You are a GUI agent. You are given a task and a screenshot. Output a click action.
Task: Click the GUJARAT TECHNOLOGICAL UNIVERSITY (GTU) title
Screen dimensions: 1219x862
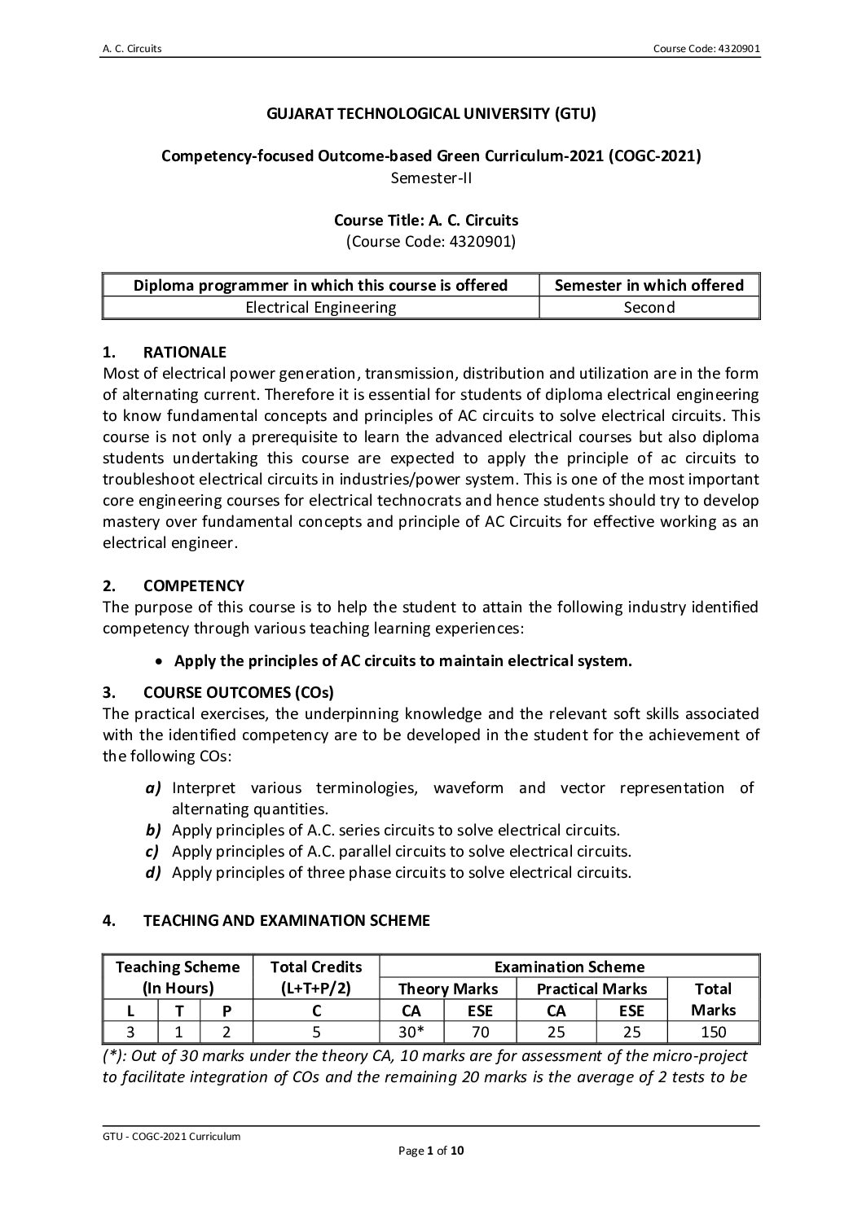tap(431, 114)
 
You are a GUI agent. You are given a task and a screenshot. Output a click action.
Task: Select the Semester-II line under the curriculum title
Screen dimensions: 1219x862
tap(431, 177)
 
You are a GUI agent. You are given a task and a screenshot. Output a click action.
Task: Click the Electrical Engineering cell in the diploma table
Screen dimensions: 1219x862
tap(320, 307)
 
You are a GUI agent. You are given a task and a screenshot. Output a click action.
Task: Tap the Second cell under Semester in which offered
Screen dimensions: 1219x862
tap(649, 307)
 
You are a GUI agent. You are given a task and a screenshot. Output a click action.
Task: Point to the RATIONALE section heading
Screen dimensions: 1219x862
tap(184, 353)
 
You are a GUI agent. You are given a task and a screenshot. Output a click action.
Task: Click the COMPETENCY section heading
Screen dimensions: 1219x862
tap(193, 585)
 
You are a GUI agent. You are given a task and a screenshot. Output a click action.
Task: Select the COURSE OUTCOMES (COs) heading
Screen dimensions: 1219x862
tap(238, 693)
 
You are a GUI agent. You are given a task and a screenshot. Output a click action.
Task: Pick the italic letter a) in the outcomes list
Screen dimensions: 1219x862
tap(153, 787)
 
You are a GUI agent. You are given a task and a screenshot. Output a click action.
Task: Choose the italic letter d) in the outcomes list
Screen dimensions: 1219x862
tap(153, 872)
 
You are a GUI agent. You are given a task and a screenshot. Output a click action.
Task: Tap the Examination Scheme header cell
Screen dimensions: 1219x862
tap(569, 967)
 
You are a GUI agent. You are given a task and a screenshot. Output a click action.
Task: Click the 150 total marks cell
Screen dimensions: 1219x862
tap(712, 1032)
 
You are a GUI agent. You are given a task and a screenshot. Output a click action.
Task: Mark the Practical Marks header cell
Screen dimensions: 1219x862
tap(592, 989)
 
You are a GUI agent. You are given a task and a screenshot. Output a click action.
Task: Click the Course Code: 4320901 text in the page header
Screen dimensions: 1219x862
tap(706, 49)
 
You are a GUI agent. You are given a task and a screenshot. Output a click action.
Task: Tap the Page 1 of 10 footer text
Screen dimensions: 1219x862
tap(431, 1151)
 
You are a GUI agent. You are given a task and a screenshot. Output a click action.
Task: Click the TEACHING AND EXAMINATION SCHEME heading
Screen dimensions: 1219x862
tap(286, 921)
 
